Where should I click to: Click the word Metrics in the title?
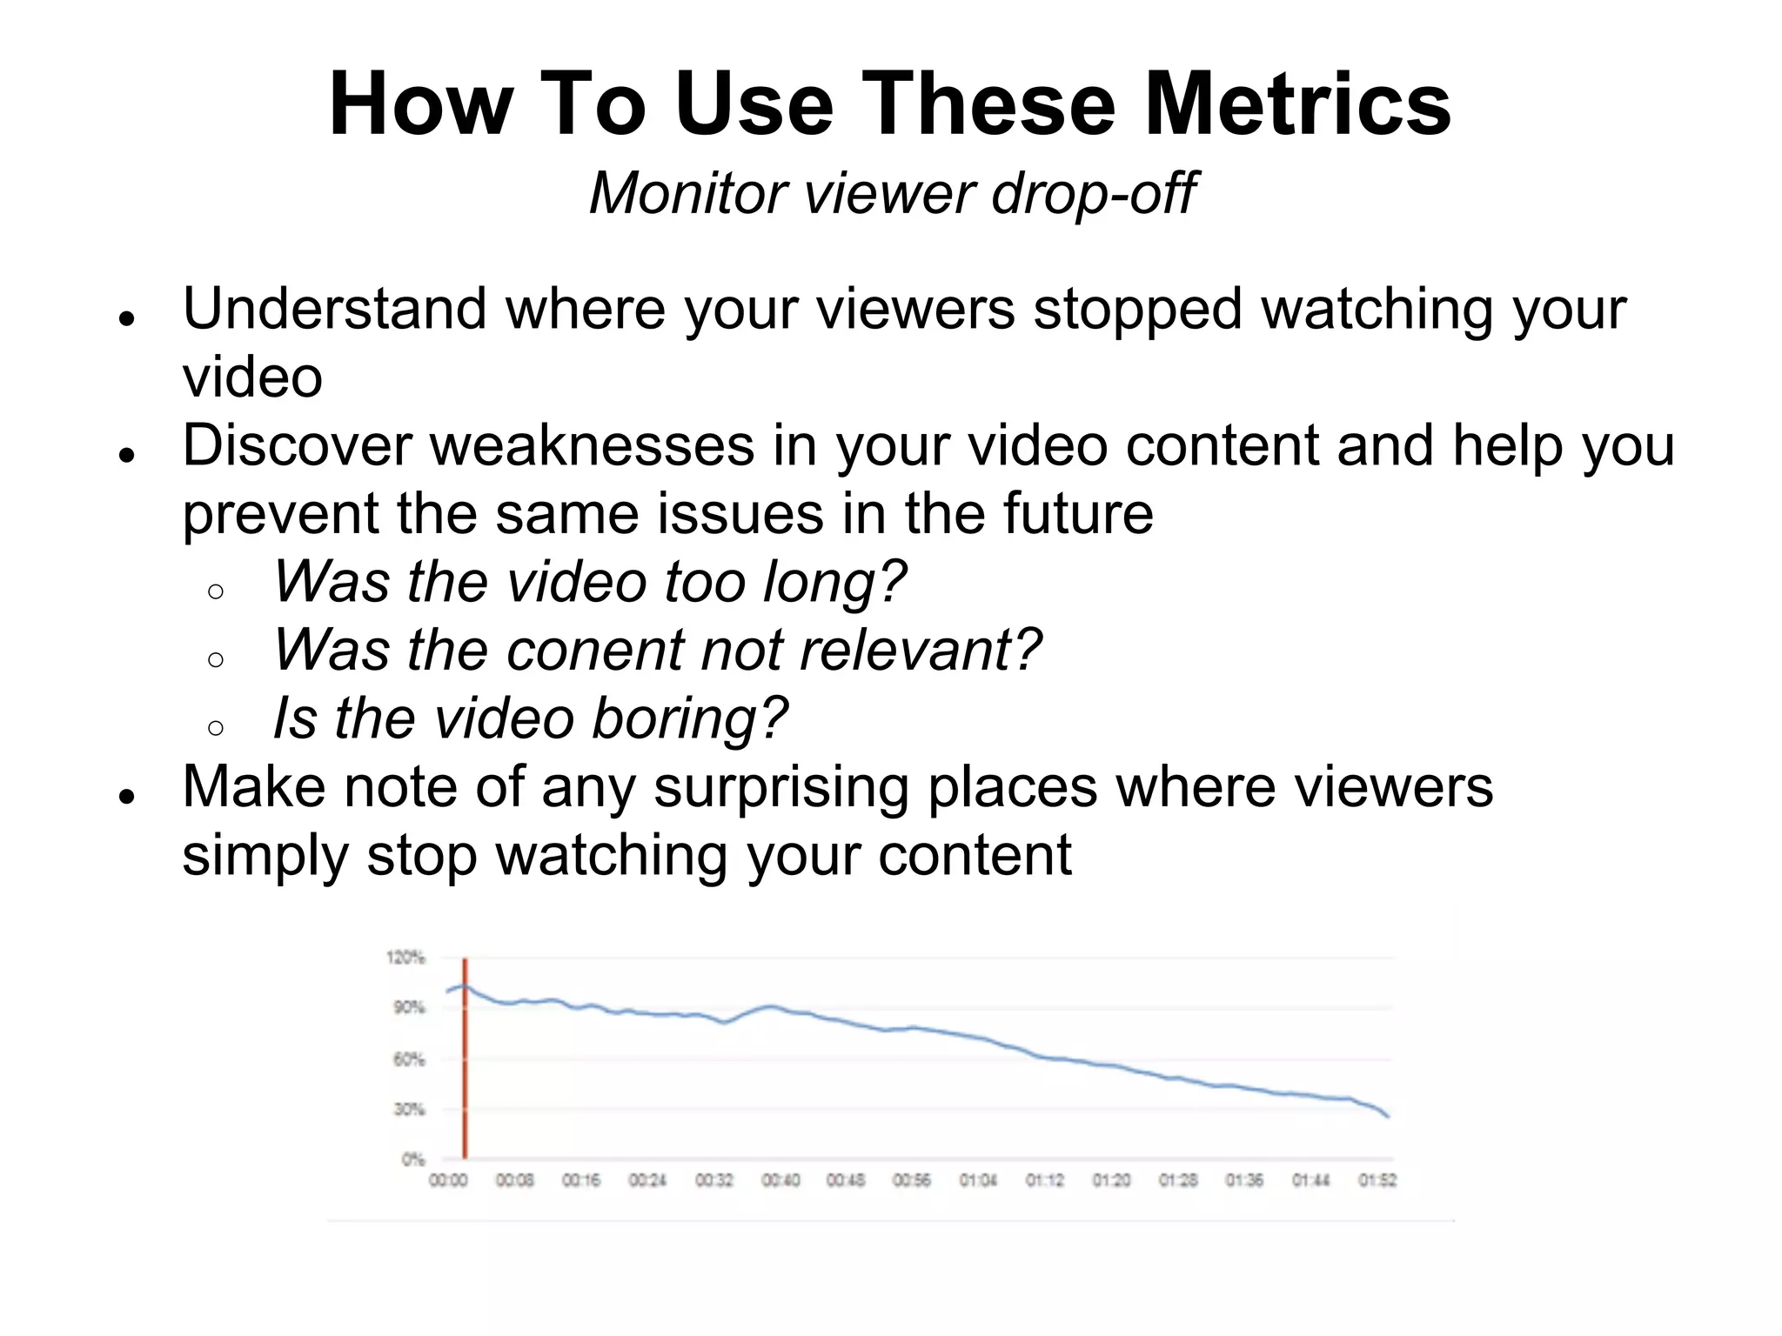point(1297,104)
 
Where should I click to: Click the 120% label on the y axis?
point(405,958)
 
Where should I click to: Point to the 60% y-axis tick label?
point(409,1059)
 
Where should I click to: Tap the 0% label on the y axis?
point(413,1159)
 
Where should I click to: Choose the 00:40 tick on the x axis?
point(780,1180)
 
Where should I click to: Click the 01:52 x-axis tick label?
point(1377,1180)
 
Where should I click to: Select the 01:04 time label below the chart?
point(978,1180)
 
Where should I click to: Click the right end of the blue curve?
point(1388,1116)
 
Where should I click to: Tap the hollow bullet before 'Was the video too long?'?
point(217,592)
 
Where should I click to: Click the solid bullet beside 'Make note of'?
point(128,796)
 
